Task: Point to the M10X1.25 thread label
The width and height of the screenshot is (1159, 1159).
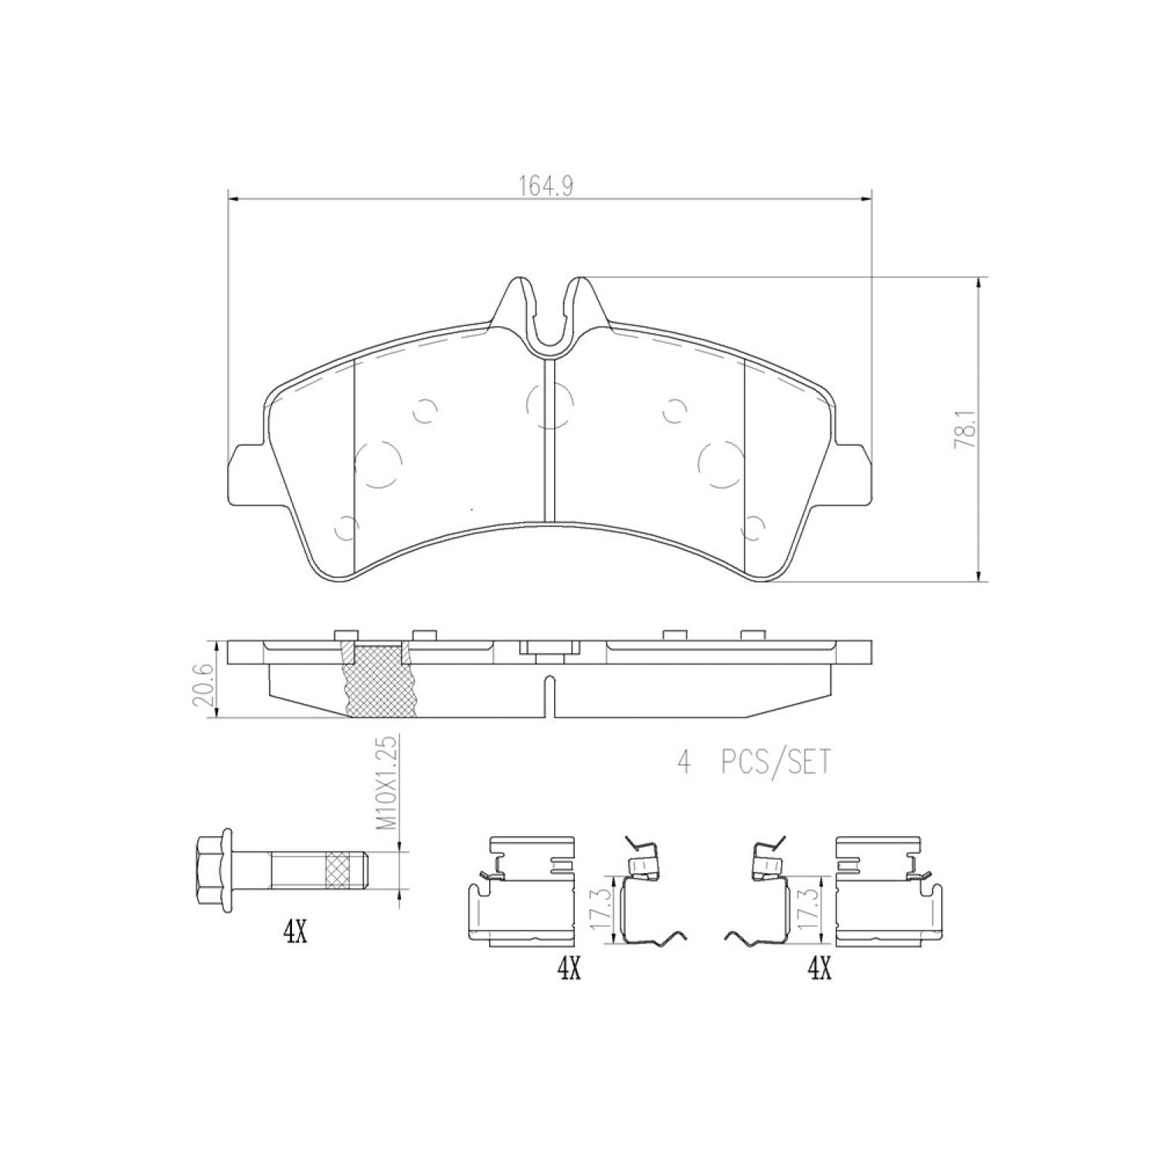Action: tap(388, 783)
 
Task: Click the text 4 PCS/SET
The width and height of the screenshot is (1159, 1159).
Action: tap(754, 763)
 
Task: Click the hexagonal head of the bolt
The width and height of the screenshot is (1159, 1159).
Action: tap(214, 871)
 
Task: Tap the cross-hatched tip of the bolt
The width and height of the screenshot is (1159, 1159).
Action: tap(345, 871)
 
